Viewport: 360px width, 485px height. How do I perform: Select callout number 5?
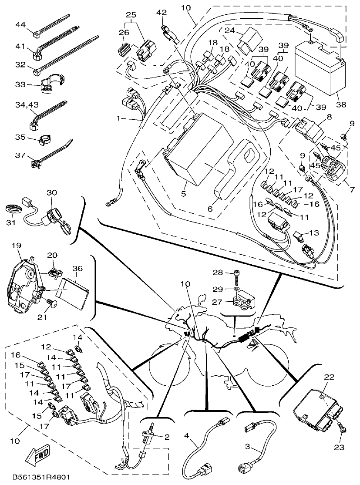click(x=184, y=193)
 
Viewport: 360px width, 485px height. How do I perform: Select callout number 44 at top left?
click(x=20, y=24)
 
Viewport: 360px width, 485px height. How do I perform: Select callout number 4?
click(x=186, y=435)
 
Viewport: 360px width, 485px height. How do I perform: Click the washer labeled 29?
click(x=236, y=289)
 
